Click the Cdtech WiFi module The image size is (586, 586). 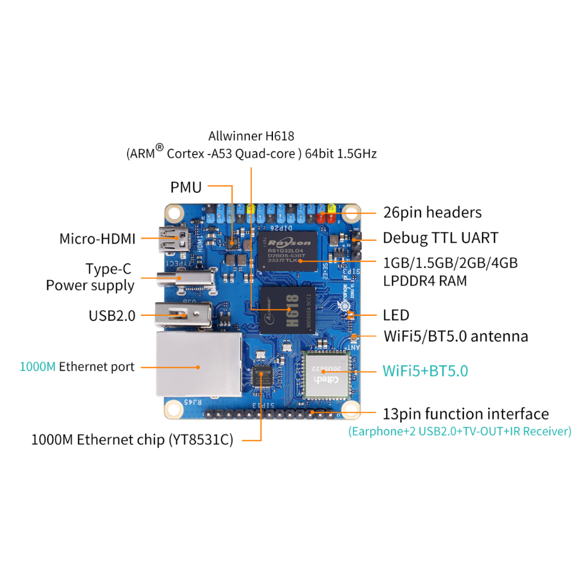pyautogui.click(x=326, y=374)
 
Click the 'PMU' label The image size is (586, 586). pyautogui.click(x=186, y=187)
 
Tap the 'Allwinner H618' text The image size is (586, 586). pyautogui.click(x=251, y=136)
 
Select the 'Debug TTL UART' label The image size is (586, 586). pyautogui.click(x=440, y=237)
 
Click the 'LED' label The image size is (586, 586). pyautogui.click(x=396, y=315)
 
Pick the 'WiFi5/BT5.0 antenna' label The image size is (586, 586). pyautogui.click(x=456, y=336)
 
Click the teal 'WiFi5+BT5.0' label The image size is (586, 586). pyautogui.click(x=425, y=371)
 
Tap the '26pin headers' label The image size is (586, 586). pyautogui.click(x=432, y=212)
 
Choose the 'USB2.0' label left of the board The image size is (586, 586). pyautogui.click(x=112, y=315)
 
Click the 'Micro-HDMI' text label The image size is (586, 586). pyautogui.click(x=98, y=239)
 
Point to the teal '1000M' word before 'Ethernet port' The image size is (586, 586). pyautogui.click(x=38, y=367)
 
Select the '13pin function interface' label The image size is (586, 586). pyautogui.click(x=466, y=414)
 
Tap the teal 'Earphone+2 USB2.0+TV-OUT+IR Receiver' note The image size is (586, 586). pyautogui.click(x=460, y=431)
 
